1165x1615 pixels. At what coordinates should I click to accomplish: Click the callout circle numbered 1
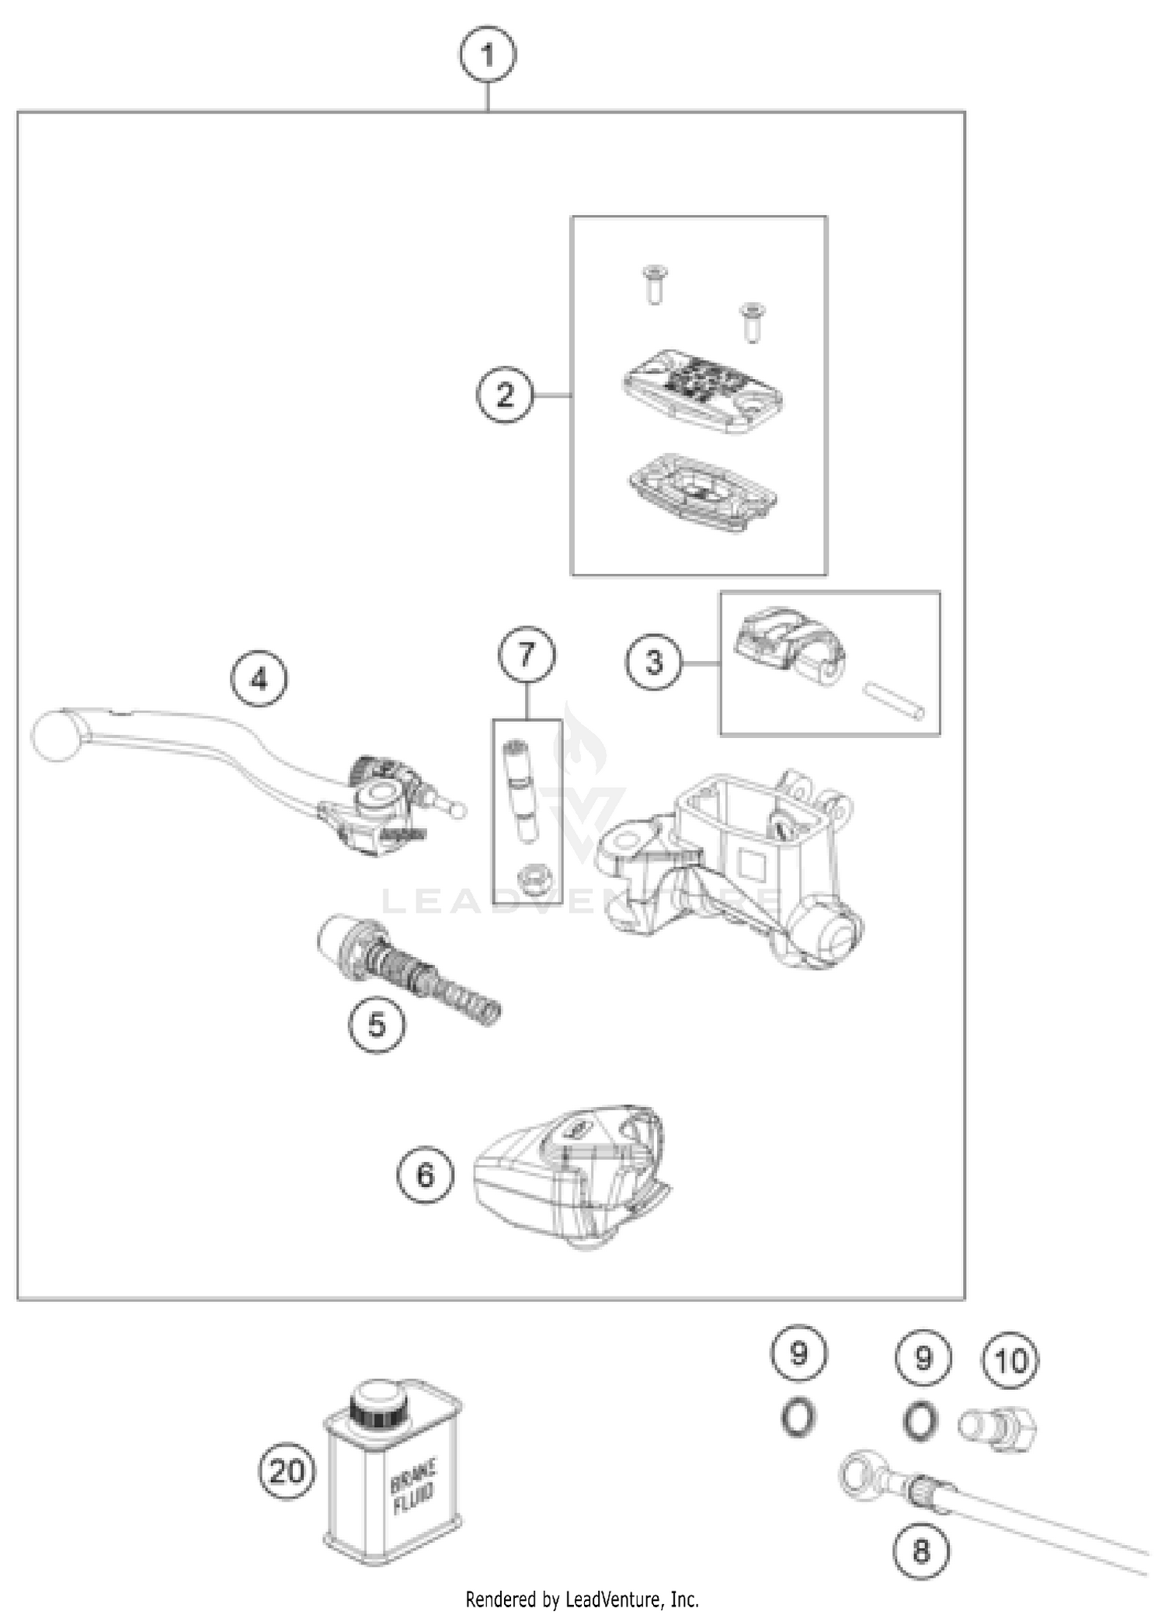(x=487, y=55)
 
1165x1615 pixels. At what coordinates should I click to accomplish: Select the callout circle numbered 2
(x=505, y=395)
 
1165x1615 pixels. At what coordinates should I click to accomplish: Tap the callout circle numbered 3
(x=654, y=663)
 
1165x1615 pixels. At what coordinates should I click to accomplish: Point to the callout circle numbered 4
(x=259, y=680)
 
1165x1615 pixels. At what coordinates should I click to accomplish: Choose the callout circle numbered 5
(x=377, y=1025)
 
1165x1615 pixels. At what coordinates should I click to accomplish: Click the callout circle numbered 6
(x=425, y=1175)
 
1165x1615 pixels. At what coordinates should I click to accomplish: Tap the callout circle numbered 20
(x=287, y=1471)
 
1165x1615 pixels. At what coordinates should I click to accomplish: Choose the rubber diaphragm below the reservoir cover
(x=704, y=493)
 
